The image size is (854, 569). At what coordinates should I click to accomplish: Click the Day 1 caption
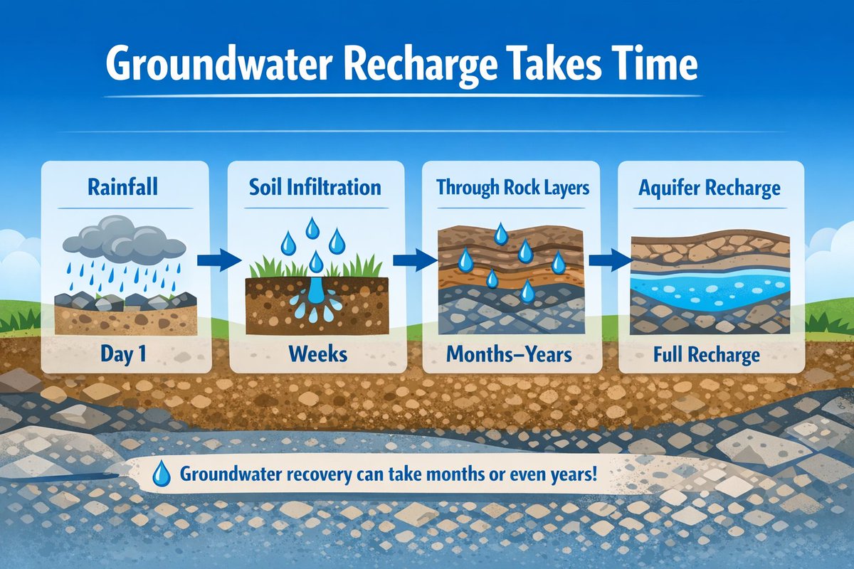point(122,353)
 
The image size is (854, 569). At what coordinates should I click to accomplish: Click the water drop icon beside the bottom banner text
point(163,472)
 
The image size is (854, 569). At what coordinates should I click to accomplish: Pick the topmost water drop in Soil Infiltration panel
point(312,228)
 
